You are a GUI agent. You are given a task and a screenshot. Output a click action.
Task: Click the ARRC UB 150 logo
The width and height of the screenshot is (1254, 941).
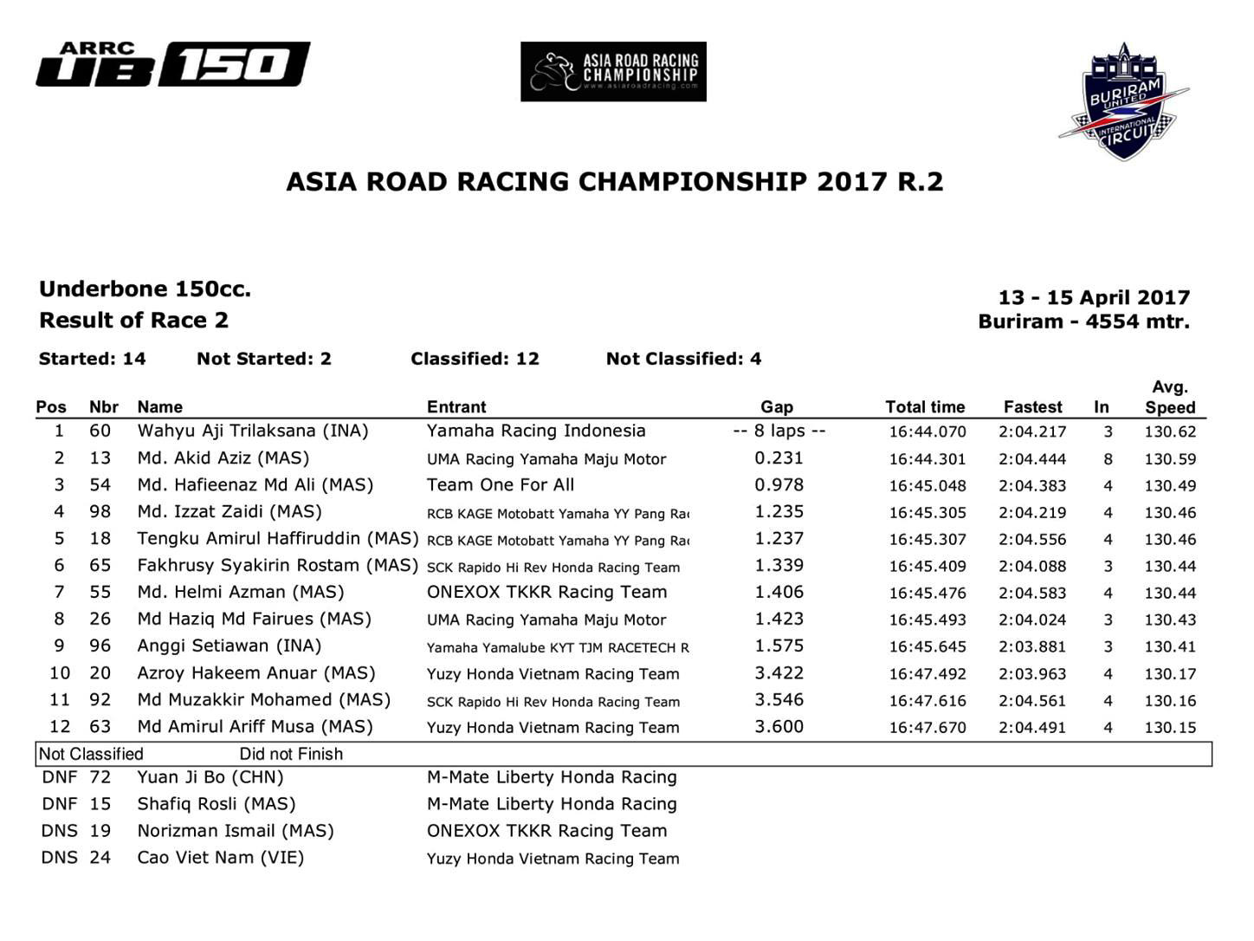(173, 65)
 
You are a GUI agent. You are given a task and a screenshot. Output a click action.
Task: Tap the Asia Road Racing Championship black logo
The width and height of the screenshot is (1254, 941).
(613, 72)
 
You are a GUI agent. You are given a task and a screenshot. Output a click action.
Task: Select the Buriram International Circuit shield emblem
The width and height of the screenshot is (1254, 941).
(1123, 102)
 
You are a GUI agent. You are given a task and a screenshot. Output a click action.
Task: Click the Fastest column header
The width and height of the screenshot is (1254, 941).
(1032, 406)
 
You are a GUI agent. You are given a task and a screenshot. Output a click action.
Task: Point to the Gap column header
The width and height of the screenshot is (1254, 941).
(777, 406)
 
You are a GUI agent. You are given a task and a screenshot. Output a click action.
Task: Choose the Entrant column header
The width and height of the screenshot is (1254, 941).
(456, 406)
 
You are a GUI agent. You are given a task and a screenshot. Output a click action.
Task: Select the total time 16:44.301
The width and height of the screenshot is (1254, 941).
(927, 458)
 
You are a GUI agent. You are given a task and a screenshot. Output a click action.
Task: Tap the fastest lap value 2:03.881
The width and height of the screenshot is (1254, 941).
(1032, 646)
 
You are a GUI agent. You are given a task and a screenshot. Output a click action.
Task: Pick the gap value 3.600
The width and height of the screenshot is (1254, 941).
(779, 726)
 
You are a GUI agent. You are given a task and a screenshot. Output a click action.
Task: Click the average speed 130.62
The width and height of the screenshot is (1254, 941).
(1169, 432)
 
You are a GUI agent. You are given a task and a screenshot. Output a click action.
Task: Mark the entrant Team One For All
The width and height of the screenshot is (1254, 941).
(501, 484)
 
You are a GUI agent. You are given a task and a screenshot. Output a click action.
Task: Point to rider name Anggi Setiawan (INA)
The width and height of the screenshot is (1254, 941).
(229, 646)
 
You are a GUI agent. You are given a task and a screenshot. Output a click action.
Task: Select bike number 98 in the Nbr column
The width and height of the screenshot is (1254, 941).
(100, 511)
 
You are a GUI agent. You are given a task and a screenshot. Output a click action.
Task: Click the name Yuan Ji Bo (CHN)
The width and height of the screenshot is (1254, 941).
(210, 777)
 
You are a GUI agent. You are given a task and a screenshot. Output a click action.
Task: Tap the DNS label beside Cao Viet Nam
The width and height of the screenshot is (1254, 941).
(59, 857)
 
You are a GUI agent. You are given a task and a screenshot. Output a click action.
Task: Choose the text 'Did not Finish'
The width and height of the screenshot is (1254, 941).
(291, 754)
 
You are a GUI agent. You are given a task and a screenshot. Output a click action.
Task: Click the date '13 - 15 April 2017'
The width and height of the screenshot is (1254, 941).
(1094, 297)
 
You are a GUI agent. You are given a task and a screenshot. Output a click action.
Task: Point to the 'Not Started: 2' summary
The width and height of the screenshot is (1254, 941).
(264, 359)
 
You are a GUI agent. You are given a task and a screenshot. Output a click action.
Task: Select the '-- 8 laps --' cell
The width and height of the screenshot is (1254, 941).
(779, 431)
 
